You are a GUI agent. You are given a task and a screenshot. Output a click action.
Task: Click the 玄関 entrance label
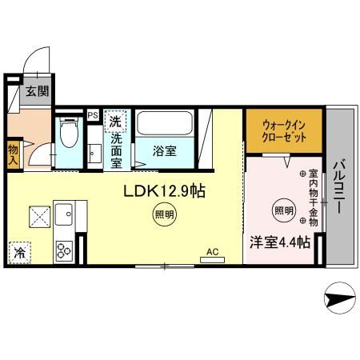coord(35,92)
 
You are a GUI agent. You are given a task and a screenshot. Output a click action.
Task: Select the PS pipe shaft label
coord(93,114)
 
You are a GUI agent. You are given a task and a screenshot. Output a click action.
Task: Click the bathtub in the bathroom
coord(163,124)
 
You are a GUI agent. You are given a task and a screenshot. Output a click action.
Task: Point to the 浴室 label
coord(166,150)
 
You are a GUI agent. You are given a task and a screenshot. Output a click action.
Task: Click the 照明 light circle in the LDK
coord(164,214)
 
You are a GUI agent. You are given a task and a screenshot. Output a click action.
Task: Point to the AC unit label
coord(213,252)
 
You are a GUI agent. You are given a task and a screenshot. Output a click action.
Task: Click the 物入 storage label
coord(14,151)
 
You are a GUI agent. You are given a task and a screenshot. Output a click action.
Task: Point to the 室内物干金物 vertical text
coord(313,197)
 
